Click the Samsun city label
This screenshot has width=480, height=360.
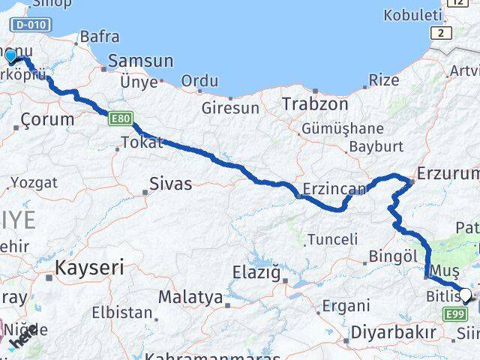click(141, 61)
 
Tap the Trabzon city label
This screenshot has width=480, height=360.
click(315, 104)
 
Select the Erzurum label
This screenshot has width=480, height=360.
click(448, 174)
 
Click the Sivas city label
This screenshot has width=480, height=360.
click(171, 183)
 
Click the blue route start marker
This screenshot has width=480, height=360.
click(10, 56)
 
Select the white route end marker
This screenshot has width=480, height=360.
click(465, 295)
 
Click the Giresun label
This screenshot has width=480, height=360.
click(229, 107)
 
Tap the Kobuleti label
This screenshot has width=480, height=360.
click(412, 14)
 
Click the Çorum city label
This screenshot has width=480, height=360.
click(48, 118)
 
